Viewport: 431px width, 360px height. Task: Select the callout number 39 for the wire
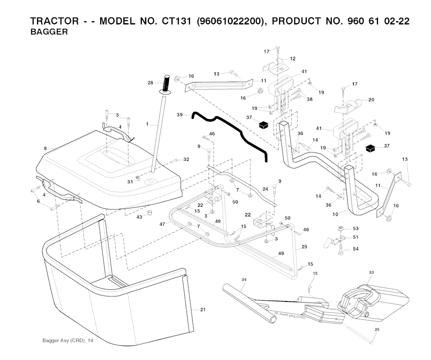pos(180,115)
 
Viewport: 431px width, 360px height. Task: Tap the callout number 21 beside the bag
pos(203,310)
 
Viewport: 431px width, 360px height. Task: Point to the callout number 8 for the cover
pos(45,148)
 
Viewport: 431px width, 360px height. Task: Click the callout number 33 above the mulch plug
pos(371,272)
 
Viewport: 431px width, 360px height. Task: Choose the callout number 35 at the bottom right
pos(377,329)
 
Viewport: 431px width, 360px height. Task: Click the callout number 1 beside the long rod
pos(147,124)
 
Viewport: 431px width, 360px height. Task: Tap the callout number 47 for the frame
pos(162,225)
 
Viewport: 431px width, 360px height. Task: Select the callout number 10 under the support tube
pos(335,215)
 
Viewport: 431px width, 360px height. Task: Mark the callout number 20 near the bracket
pos(371,100)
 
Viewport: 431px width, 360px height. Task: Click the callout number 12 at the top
pos(293,59)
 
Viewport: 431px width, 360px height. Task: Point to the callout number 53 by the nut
pos(356,228)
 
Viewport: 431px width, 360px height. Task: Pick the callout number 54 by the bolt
pos(356,249)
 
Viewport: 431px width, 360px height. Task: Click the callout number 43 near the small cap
pos(139,217)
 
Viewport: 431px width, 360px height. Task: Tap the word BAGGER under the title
pos(49,32)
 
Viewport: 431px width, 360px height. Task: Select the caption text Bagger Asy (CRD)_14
pos(68,340)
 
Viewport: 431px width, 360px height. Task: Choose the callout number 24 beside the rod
pos(265,189)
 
